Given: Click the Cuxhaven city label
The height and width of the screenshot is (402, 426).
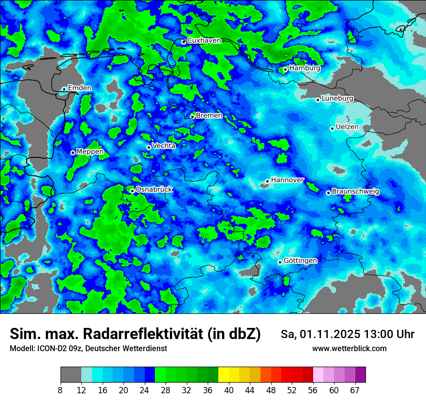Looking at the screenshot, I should click(204, 41).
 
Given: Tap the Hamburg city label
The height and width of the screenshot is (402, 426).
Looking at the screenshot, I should click(304, 68).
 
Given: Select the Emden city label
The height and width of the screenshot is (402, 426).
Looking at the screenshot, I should click(79, 88).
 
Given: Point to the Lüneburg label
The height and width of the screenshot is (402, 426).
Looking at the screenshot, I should click(337, 99).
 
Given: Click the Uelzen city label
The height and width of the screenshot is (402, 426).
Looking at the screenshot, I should click(347, 127).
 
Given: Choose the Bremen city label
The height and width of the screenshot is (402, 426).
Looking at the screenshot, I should click(209, 116).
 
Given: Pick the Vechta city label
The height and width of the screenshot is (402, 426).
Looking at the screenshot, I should click(164, 146).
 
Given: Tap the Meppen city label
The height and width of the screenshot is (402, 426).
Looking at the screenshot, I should click(90, 152).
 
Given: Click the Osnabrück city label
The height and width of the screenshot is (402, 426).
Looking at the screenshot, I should click(154, 190).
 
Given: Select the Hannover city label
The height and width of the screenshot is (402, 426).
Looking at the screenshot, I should click(287, 180).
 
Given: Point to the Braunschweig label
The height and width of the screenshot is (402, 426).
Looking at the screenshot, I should click(355, 192).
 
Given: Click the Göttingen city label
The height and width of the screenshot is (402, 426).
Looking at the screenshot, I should click(300, 261).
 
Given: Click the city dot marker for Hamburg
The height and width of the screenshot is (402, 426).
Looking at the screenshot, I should click(285, 69).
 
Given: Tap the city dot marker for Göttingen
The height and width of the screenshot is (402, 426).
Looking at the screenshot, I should click(280, 262).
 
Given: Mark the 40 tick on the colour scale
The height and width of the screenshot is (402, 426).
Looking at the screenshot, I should click(228, 390).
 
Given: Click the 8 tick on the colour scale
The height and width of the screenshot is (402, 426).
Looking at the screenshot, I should click(61, 390).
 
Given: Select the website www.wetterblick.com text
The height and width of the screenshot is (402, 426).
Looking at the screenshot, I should click(349, 349).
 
